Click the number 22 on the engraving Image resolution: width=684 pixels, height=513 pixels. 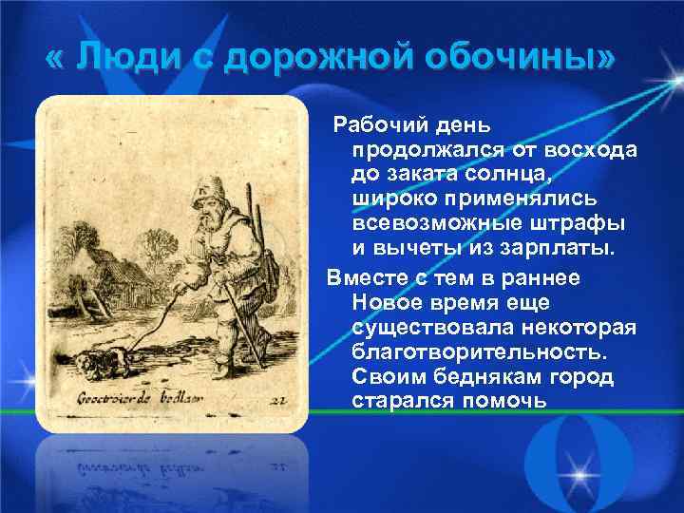(x=276, y=399)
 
